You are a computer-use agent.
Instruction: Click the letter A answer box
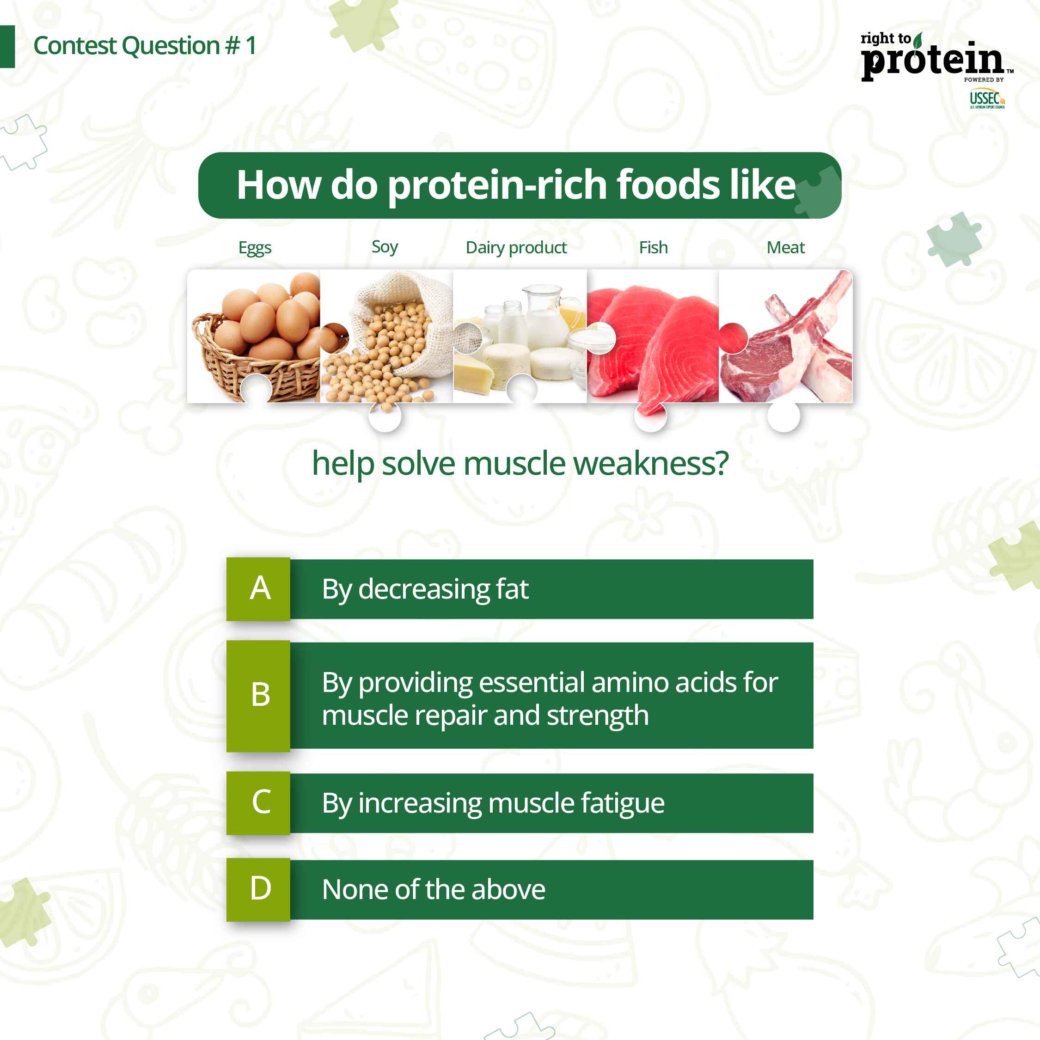[x=258, y=589]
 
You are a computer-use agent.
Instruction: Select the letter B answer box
[x=258, y=696]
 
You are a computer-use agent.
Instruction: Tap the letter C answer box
[x=258, y=802]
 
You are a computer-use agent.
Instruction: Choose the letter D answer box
[x=258, y=889]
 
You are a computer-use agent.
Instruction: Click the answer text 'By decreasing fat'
[x=425, y=589]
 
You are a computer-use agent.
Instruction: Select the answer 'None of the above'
[x=434, y=889]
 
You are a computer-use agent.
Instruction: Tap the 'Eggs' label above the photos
[x=255, y=248]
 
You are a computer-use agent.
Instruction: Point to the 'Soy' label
[x=385, y=247]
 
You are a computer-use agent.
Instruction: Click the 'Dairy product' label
[x=516, y=248]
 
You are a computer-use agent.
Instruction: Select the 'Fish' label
[x=653, y=247]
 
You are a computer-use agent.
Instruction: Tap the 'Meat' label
[x=785, y=247]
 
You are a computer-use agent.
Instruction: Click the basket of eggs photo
[x=254, y=336]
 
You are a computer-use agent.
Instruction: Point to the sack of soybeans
[x=386, y=336]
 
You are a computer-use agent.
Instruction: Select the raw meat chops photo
[x=785, y=336]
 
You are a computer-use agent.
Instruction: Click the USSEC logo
[x=987, y=99]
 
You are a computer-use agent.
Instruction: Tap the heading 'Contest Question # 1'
[x=144, y=46]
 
